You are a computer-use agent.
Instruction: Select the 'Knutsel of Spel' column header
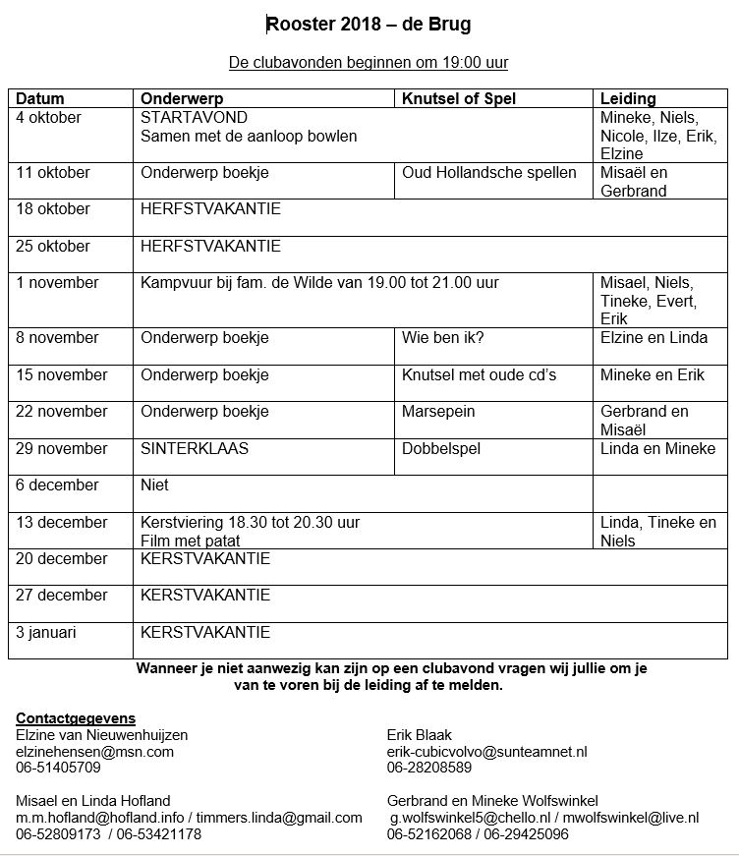click(459, 99)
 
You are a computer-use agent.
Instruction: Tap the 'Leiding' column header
click(628, 99)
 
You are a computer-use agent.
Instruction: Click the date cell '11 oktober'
click(53, 173)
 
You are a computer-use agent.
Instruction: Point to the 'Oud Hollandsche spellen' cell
click(489, 173)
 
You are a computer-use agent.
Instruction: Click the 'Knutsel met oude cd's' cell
click(480, 374)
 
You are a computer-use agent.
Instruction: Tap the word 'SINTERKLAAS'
click(195, 448)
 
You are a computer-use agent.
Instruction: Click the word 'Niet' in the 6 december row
click(155, 485)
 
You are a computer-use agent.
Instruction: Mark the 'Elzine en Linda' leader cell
click(654, 338)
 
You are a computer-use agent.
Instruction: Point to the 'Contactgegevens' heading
click(76, 718)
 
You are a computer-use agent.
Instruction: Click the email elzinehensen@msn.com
click(94, 751)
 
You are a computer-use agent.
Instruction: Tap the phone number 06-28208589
click(429, 767)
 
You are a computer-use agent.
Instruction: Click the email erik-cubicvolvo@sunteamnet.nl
click(486, 751)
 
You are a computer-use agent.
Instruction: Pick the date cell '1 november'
click(58, 283)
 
